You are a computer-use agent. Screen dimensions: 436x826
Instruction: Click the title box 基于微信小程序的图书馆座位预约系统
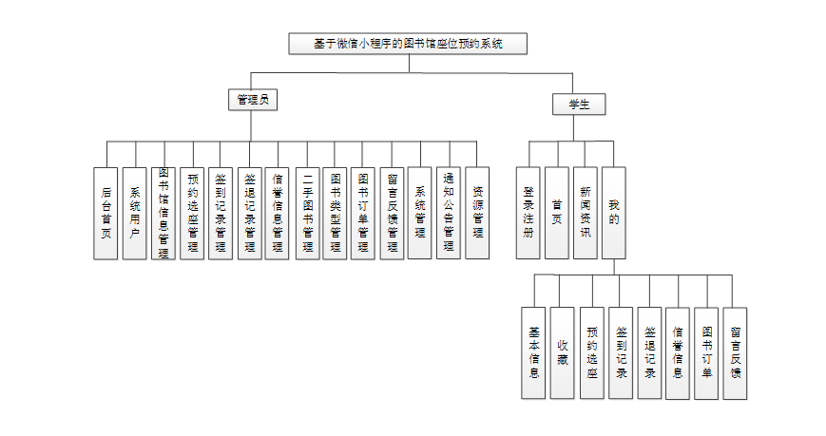pos(408,44)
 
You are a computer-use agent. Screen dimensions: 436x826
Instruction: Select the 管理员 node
pos(251,99)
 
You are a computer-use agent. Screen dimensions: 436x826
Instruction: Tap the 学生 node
pos(579,104)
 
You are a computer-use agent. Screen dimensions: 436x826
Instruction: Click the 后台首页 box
pos(106,213)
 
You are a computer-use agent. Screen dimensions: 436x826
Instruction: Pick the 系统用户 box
pos(135,213)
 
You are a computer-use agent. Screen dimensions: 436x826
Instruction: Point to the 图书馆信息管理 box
pos(163,213)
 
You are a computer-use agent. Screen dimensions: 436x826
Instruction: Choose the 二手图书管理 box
pos(307,213)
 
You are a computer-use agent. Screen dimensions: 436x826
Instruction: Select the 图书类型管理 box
pos(336,213)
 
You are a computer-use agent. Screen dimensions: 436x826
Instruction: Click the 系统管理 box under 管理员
pos(420,213)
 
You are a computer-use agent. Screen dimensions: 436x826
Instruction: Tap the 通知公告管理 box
pos(449,213)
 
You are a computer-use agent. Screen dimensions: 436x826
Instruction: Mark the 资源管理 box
pos(477,213)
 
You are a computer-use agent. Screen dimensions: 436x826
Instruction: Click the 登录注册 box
pos(528,213)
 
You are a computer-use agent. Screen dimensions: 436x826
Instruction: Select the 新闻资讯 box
pos(586,213)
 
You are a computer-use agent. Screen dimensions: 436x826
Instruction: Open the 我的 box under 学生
pos(614,213)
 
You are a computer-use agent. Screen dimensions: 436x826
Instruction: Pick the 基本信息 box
pos(534,352)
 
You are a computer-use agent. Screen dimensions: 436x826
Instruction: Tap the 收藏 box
pos(563,352)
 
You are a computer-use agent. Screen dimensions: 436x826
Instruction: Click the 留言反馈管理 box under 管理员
pos(393,213)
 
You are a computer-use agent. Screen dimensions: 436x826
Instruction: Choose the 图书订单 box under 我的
pos(706,352)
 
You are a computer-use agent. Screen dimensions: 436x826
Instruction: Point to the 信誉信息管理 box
pos(278,213)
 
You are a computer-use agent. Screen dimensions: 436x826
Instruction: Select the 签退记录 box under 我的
pos(650,352)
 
